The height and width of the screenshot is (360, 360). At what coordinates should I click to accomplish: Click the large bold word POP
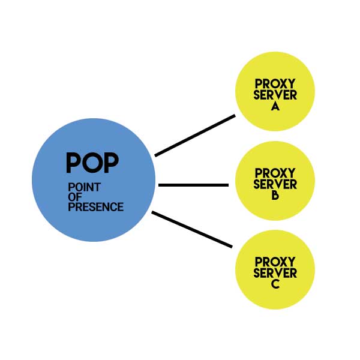(92, 162)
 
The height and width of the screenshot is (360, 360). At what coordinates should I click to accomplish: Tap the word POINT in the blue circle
(84, 188)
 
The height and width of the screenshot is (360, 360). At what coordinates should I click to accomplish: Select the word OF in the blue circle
(75, 197)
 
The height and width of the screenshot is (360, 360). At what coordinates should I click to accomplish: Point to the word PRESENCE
(95, 207)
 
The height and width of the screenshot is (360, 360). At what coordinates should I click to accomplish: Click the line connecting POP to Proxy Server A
(195, 136)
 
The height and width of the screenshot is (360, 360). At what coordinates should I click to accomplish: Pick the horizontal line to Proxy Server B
(193, 185)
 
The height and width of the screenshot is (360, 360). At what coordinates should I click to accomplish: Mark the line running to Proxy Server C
(192, 229)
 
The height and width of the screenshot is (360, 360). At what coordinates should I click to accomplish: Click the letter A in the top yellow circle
(275, 106)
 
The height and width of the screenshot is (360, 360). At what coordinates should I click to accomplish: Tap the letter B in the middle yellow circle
(275, 195)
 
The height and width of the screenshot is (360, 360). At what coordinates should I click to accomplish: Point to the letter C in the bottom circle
(275, 284)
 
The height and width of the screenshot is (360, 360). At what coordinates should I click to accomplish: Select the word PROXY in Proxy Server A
(275, 84)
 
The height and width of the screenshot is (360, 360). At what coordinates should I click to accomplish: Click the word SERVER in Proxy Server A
(275, 95)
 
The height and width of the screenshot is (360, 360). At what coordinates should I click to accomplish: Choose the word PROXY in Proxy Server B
(275, 173)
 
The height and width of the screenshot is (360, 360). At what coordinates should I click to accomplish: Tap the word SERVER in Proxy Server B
(275, 184)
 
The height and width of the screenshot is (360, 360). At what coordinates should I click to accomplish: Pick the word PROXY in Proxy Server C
(275, 262)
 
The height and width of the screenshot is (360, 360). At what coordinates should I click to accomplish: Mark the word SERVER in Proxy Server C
(275, 273)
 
